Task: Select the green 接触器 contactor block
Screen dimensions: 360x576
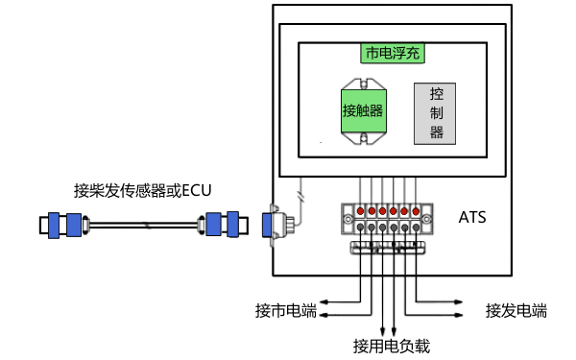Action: pyautogui.click(x=364, y=110)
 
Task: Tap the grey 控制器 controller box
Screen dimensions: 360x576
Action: pyautogui.click(x=437, y=113)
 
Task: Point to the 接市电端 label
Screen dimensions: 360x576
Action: pyautogui.click(x=285, y=310)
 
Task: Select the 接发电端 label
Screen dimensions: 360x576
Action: pyautogui.click(x=516, y=310)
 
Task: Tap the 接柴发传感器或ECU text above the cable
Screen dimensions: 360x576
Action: pyautogui.click(x=142, y=189)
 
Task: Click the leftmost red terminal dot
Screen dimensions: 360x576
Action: pyautogui.click(x=360, y=210)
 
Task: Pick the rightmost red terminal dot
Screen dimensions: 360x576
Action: pyautogui.click(x=417, y=210)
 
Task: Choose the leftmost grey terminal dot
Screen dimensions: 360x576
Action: pyautogui.click(x=360, y=228)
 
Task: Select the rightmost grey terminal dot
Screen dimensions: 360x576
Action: pyautogui.click(x=417, y=228)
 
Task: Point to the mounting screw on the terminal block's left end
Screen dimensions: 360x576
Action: pyautogui.click(x=347, y=219)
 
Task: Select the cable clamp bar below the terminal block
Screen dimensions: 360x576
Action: pyautogui.click(x=388, y=249)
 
